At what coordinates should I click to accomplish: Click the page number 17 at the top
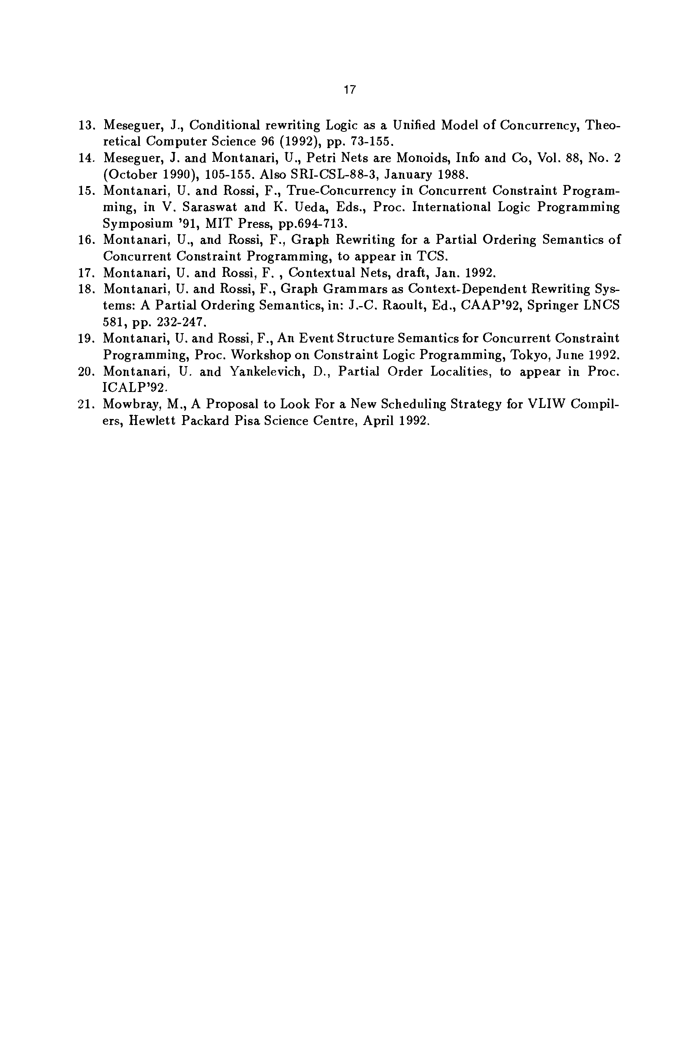[x=349, y=90]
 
